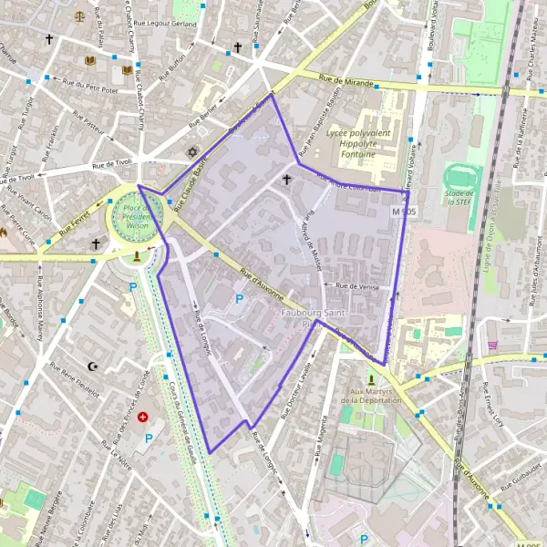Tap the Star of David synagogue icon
point(191,152)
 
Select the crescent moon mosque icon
point(92,366)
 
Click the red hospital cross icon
point(142,417)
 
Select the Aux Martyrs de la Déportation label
point(371,395)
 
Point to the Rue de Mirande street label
point(346,82)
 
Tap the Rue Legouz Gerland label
point(170,24)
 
